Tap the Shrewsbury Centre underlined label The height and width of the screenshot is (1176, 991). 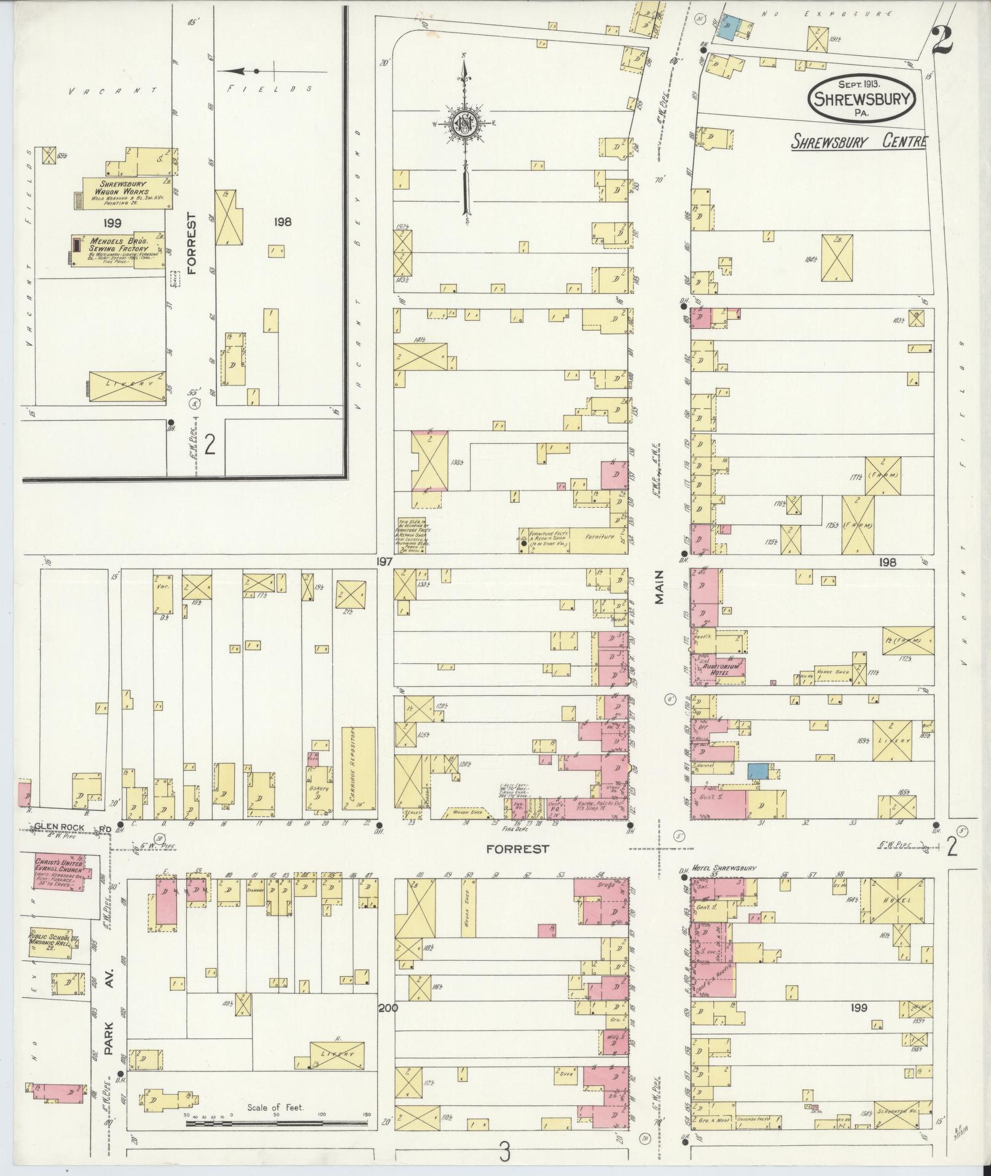coord(858,142)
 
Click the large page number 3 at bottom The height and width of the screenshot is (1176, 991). coord(504,1152)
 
